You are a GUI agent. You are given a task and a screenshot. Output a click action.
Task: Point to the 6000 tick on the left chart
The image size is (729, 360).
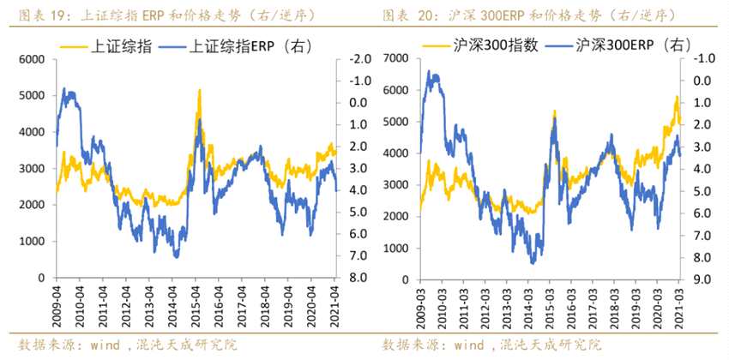coord(31,59)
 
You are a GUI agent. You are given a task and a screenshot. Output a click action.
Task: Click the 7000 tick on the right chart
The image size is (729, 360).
coord(397,58)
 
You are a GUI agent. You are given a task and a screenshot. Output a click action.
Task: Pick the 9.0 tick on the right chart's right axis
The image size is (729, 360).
coord(702,279)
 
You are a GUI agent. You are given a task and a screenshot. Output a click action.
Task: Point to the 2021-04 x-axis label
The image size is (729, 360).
coord(334,300)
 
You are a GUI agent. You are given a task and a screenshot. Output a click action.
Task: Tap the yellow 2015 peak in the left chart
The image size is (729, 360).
coord(199,91)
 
